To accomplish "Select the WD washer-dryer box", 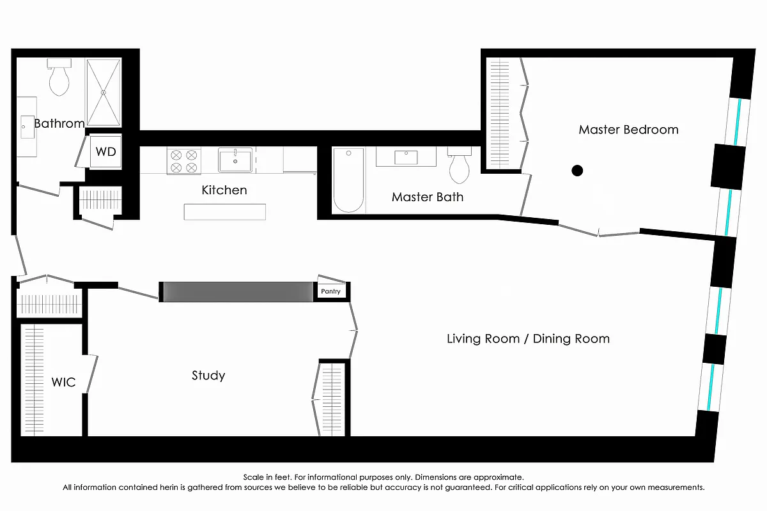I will [x=105, y=152].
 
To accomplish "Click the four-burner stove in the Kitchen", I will [x=183, y=160].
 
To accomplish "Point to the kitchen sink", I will [x=235, y=160].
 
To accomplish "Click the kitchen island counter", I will [x=224, y=212].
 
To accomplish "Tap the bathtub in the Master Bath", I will [x=348, y=180].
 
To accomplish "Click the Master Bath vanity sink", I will [x=406, y=156].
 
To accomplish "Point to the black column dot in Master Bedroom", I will [x=577, y=170].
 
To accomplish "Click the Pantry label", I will [x=331, y=291].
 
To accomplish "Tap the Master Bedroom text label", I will [x=628, y=130].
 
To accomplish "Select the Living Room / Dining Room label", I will [x=528, y=339].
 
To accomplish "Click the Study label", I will [x=208, y=376].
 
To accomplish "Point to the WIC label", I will [x=63, y=383].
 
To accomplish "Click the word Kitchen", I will [x=224, y=190].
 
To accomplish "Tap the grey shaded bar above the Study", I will [x=238, y=291].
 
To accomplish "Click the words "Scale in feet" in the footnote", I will [x=266, y=477].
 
